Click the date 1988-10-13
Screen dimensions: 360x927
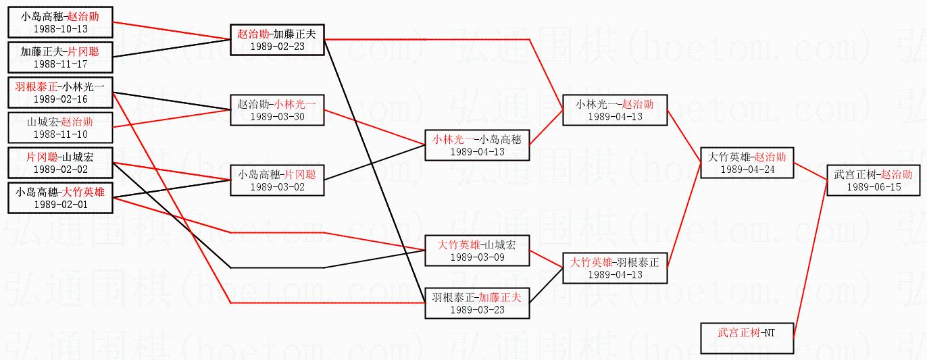click(60, 29)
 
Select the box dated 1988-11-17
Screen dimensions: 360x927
click(60, 57)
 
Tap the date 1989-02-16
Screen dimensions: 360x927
click(60, 99)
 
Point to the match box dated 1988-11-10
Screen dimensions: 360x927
click(60, 128)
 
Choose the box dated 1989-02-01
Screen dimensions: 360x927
click(60, 198)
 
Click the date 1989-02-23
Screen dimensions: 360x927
click(277, 46)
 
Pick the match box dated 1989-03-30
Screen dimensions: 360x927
click(277, 109)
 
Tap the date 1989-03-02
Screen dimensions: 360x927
click(277, 180)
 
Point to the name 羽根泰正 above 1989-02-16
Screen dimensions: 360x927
click(36, 86)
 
